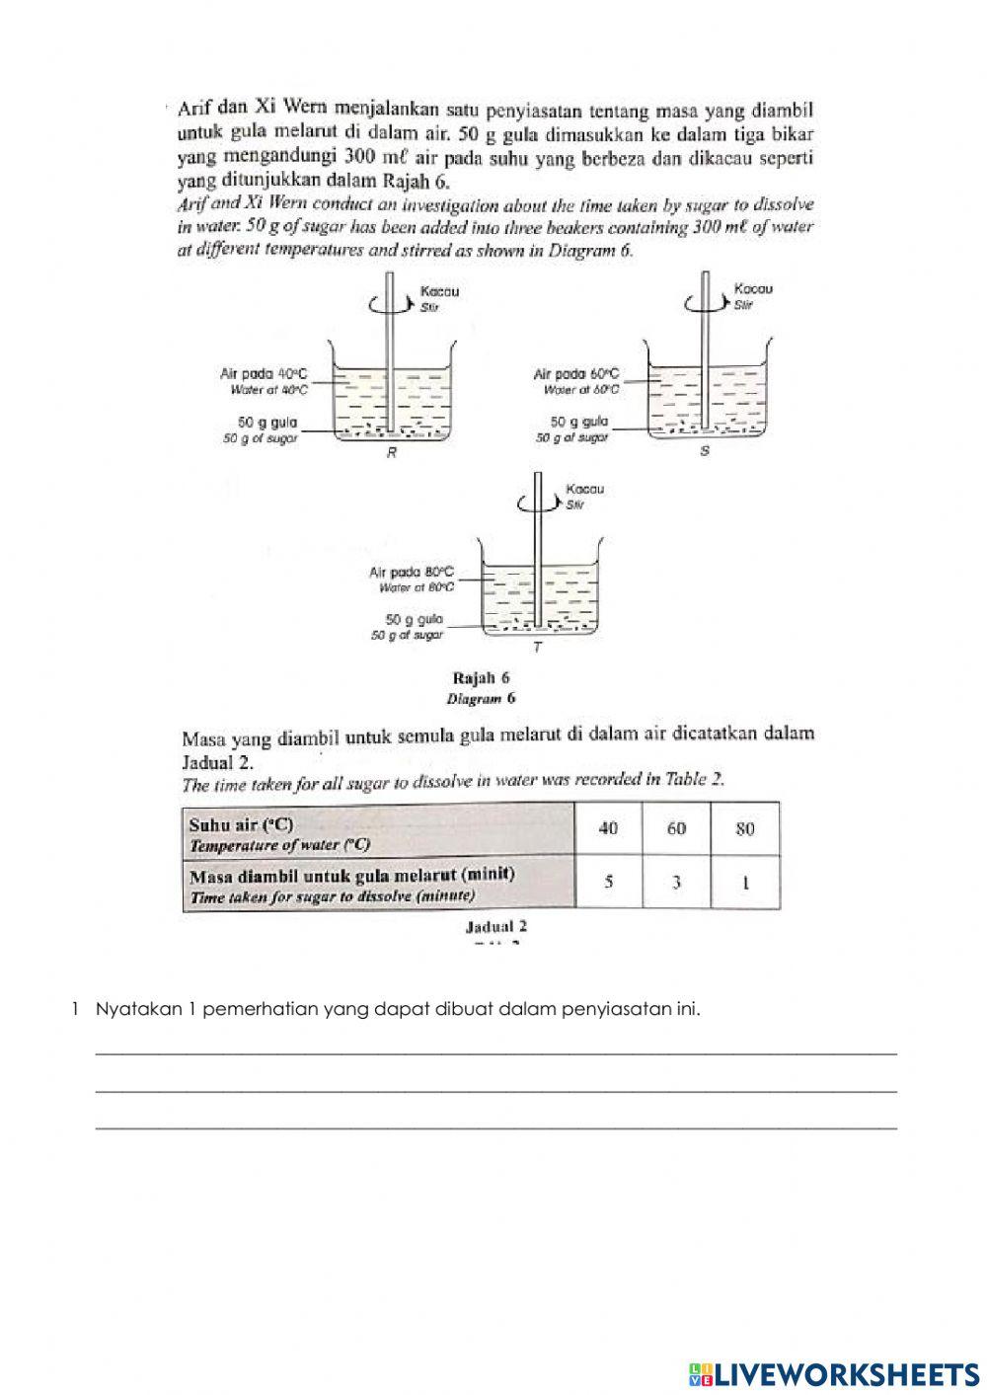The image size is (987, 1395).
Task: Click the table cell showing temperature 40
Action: click(608, 828)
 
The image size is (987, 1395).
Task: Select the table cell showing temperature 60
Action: click(676, 828)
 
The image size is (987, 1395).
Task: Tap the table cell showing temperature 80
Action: click(745, 828)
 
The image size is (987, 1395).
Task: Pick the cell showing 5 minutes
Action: click(608, 882)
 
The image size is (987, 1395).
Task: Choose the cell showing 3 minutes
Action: click(676, 882)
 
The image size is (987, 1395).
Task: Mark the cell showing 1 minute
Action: click(745, 882)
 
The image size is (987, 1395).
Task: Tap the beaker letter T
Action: click(537, 648)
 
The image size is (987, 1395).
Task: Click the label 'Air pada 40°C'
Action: click(264, 374)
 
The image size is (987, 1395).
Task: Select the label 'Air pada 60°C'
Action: click(576, 374)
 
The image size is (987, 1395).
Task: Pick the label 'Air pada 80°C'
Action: click(412, 572)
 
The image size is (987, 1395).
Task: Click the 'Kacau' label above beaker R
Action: click(439, 292)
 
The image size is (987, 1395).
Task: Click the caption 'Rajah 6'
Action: click(481, 678)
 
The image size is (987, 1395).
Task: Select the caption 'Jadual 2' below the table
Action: click(495, 926)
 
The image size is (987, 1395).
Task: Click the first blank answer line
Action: click(495, 1050)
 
